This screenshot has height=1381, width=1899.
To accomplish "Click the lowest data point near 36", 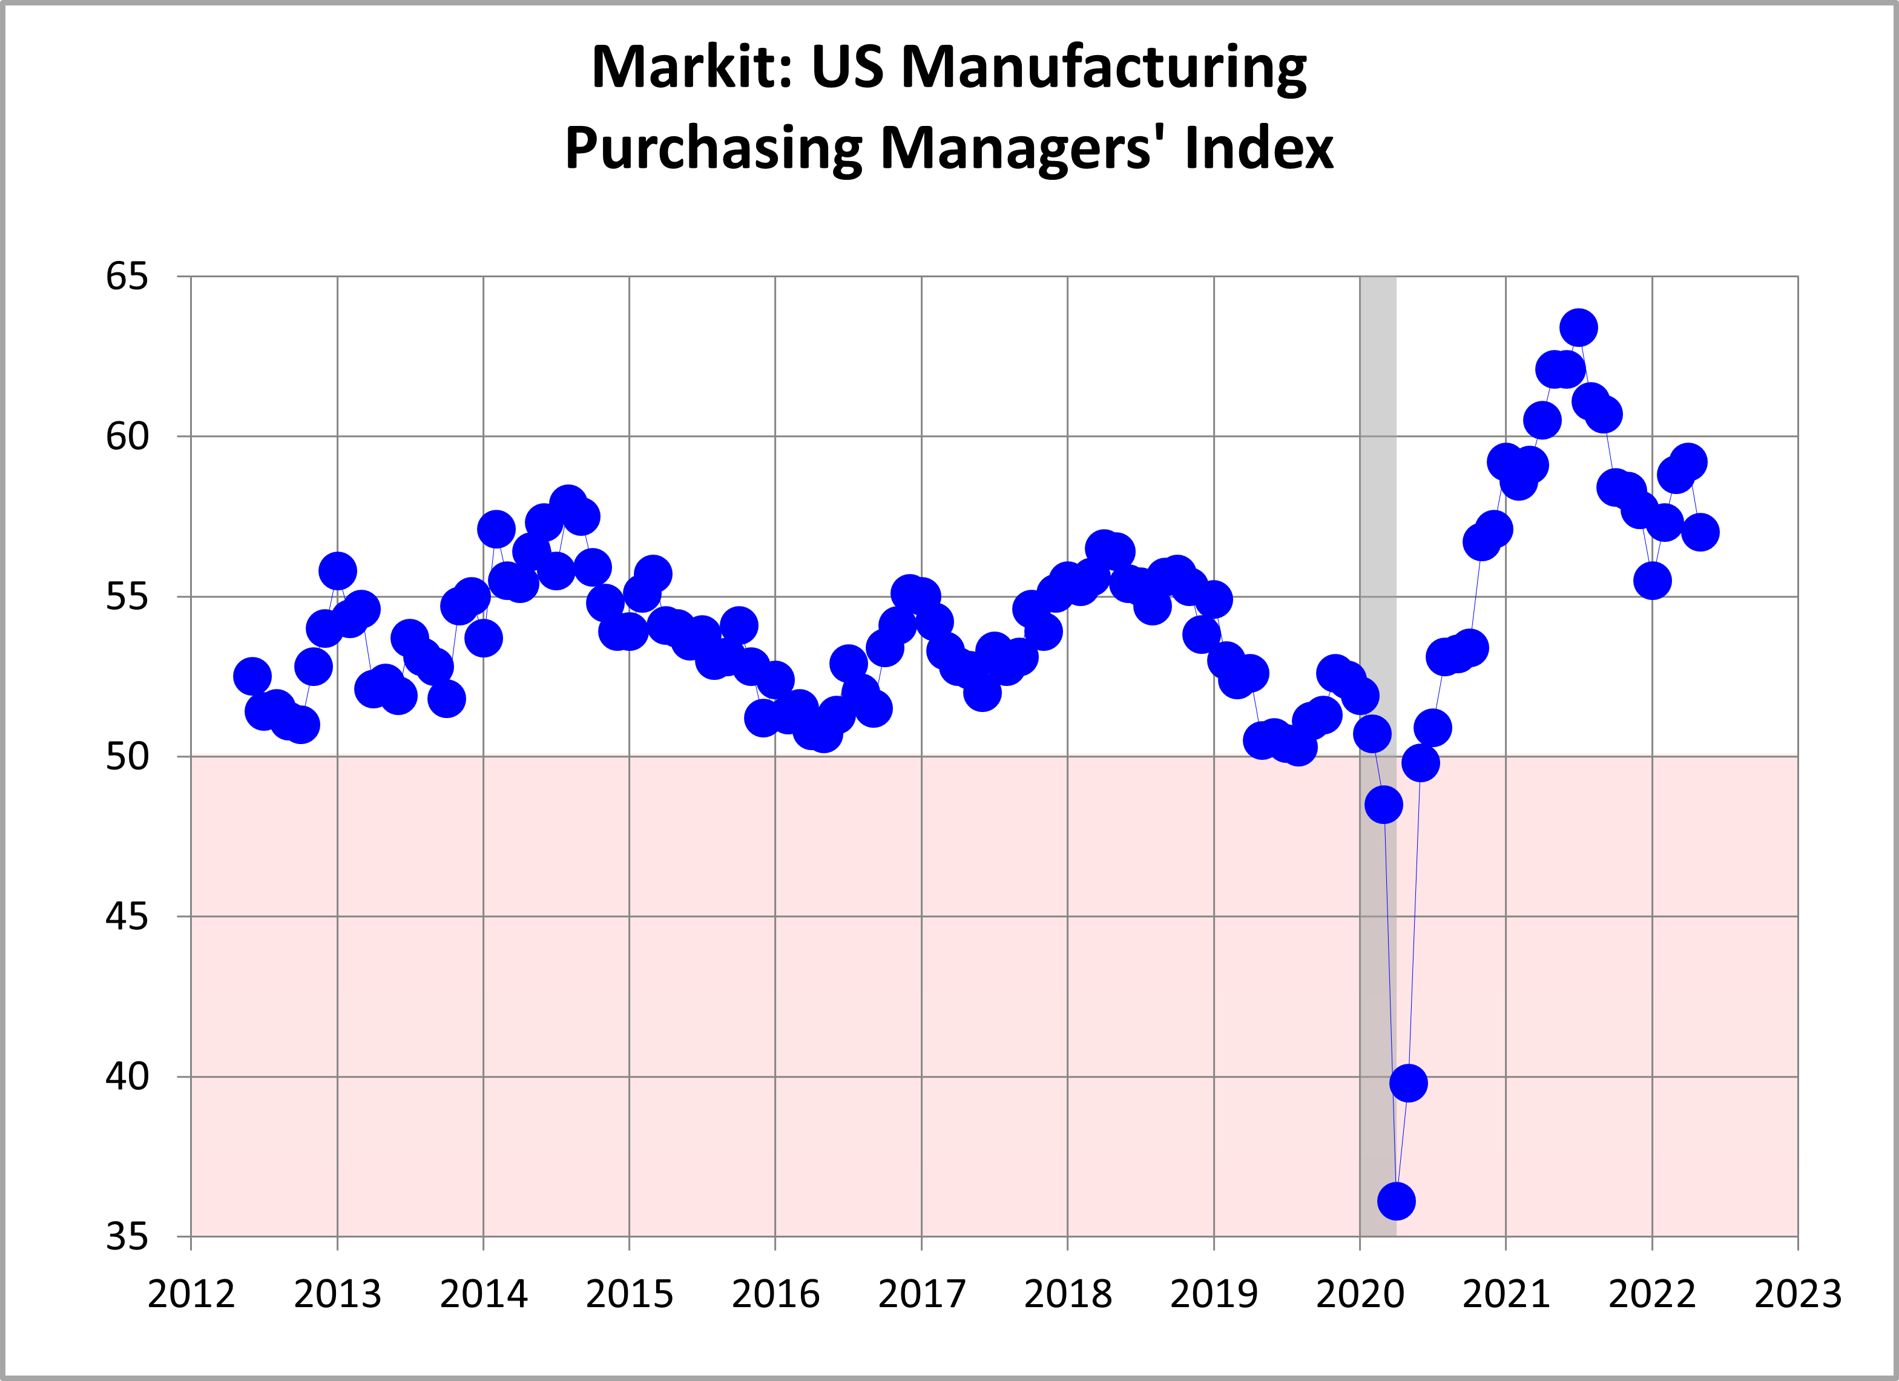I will [x=1397, y=1201].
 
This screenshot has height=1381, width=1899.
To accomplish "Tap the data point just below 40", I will [x=1408, y=1083].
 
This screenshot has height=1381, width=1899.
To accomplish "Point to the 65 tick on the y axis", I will [x=127, y=276].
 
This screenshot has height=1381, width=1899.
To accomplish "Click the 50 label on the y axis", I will [x=127, y=756].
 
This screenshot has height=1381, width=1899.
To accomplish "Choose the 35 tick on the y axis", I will [x=127, y=1236].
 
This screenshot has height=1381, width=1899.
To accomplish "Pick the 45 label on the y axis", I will [x=127, y=916].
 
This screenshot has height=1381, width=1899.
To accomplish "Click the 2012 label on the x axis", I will [x=191, y=1294].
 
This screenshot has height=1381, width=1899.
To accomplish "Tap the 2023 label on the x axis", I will [x=1798, y=1294].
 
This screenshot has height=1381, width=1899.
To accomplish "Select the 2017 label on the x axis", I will [x=921, y=1294].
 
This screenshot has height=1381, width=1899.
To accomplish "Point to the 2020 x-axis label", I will [x=1360, y=1294].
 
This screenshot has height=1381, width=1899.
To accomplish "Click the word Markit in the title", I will [x=691, y=67].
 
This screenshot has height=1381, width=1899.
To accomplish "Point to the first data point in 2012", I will [x=252, y=676].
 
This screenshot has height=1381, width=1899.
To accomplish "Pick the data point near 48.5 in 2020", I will [x=1384, y=805].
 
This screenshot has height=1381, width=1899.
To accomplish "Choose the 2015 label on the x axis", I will [x=629, y=1294].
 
